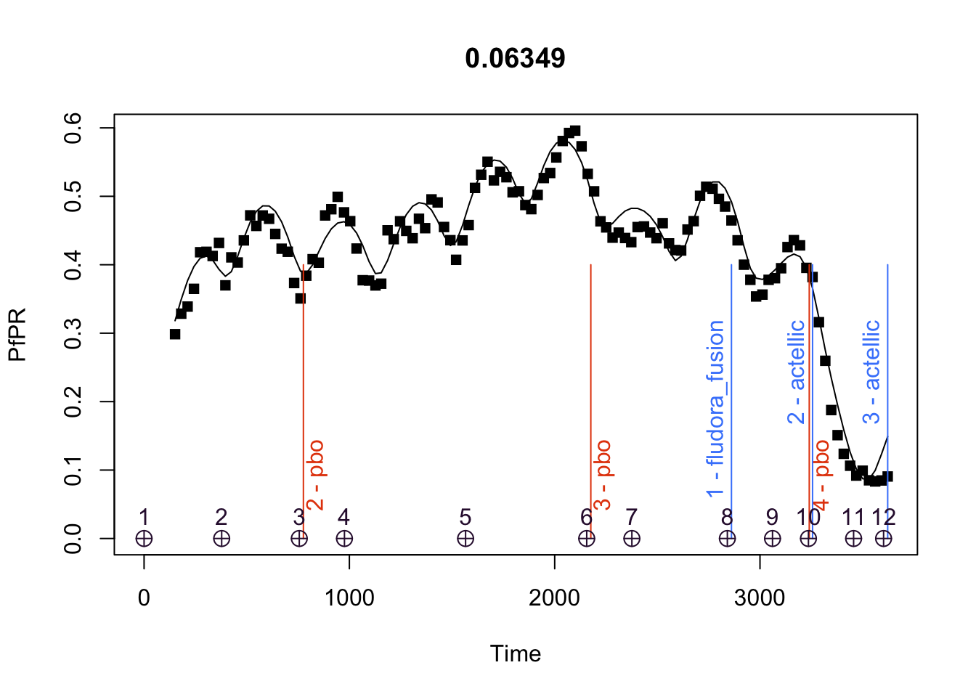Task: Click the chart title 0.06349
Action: point(515,58)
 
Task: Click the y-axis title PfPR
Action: point(17,335)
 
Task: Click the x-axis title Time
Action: point(515,653)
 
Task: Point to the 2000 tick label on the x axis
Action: point(554,598)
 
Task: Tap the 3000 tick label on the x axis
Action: point(760,598)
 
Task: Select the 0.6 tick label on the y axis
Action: point(73,128)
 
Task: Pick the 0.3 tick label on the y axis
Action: point(73,333)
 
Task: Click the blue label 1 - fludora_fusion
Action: point(716,409)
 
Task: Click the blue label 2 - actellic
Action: point(797,372)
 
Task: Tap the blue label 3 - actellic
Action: point(871,372)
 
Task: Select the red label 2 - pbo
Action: point(316,476)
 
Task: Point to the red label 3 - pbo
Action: point(603,476)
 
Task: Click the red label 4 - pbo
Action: point(821,476)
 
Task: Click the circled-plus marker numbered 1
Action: point(144,539)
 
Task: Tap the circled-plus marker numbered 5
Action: point(465,539)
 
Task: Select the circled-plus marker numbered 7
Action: point(632,539)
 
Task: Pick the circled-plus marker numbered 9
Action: point(773,539)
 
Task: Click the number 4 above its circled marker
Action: point(344,517)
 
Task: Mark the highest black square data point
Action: point(575,131)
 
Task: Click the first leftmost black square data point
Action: point(175,334)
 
